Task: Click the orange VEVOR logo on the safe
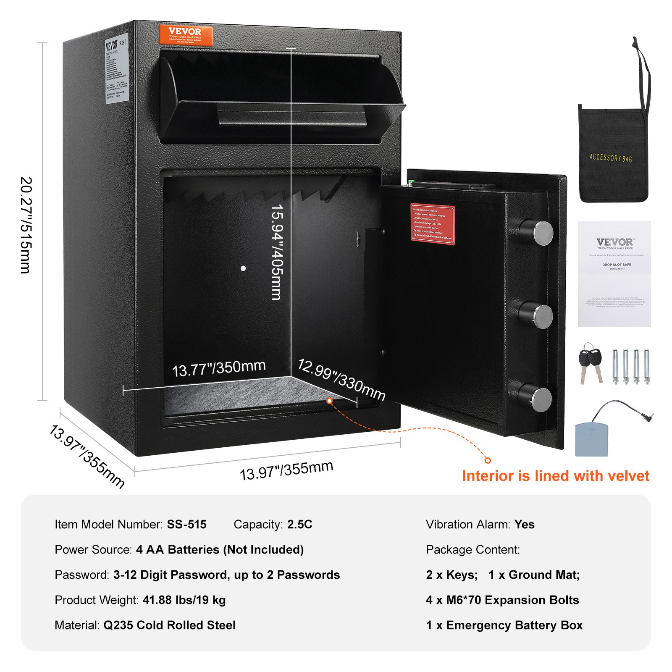tap(186, 35)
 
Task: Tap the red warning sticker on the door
tap(432, 224)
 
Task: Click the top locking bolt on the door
tap(537, 233)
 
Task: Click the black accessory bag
tap(613, 153)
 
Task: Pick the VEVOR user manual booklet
tap(614, 273)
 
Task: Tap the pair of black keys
tap(590, 364)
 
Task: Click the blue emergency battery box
tap(591, 439)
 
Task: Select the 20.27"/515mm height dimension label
tap(26, 225)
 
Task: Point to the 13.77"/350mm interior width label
tap(219, 368)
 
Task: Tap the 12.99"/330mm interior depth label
tap(341, 380)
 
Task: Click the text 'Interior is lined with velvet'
tap(555, 476)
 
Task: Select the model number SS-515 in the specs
tap(186, 524)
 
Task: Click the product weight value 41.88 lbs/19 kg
tap(184, 600)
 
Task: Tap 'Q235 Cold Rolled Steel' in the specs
tap(169, 625)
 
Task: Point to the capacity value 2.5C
tap(299, 524)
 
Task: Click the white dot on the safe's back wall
tap(243, 268)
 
